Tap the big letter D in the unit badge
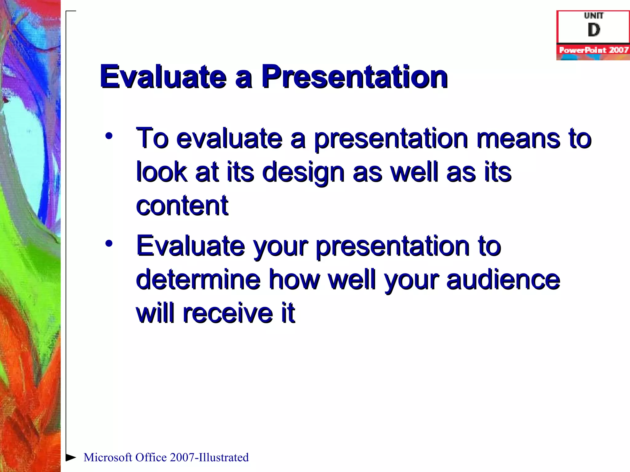coord(594,30)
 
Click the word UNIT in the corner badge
coord(594,15)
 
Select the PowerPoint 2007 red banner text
coord(593,50)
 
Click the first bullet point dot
coord(109,136)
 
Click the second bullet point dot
coord(109,243)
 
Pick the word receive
coord(228,313)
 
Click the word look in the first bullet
coord(162,172)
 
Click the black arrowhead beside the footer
coord(71,457)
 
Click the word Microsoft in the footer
coord(108,458)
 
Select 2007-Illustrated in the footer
coord(209,458)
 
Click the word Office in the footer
coord(151,458)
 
